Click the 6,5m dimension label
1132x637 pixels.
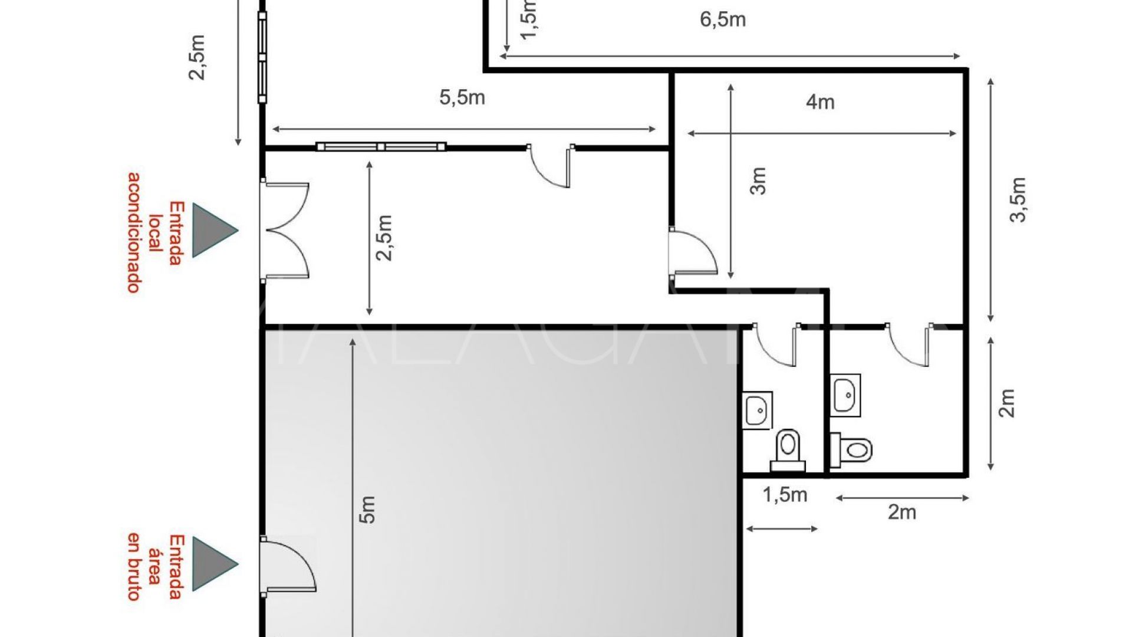723,19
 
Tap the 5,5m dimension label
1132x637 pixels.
462,97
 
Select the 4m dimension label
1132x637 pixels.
820,102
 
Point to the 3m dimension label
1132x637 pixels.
758,180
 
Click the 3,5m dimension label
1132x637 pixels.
1018,200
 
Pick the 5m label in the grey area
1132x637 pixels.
367,510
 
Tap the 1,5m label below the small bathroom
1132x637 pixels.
785,494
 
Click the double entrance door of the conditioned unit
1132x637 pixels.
285,229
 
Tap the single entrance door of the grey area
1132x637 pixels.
288,566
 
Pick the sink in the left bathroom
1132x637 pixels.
757,410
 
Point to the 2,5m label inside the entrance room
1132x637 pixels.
384,237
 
